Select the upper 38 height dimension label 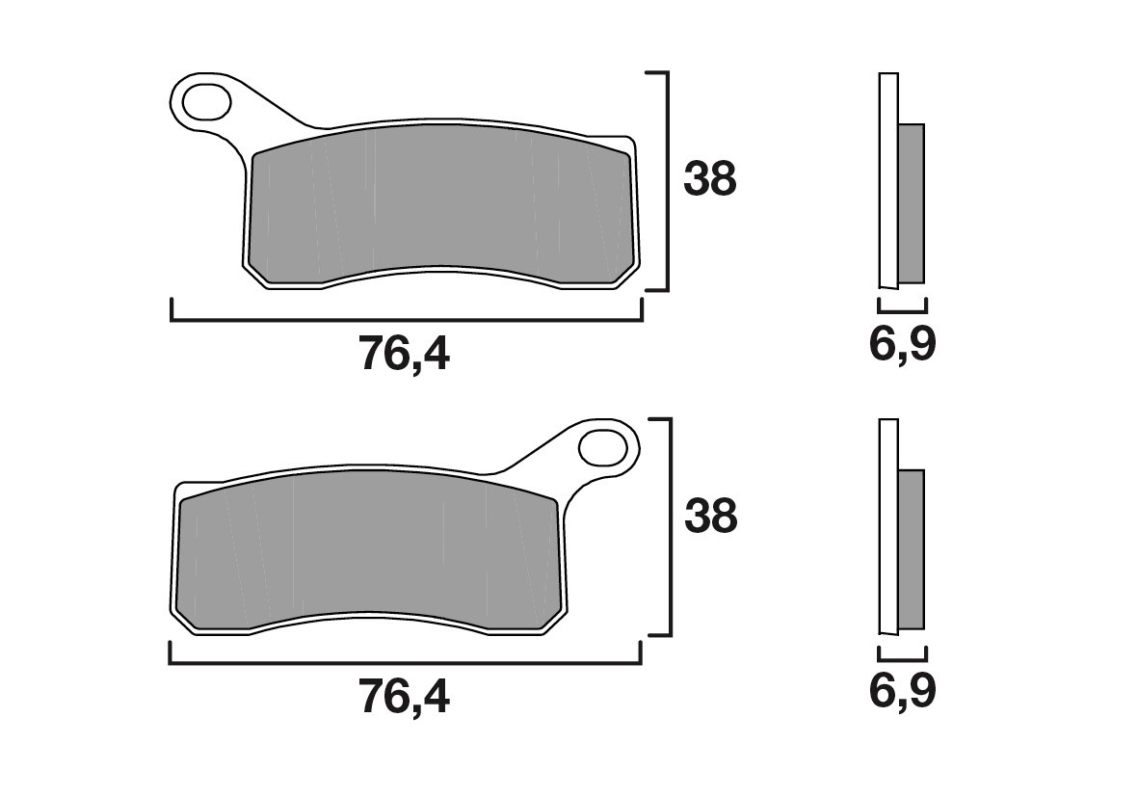710,179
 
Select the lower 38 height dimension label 710,518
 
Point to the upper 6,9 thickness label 903,344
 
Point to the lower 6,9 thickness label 903,691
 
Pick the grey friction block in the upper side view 911,202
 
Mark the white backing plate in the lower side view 888,526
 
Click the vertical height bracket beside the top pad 666,180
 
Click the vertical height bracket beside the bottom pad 668,527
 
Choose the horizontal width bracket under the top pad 405,319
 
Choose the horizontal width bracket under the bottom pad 405,663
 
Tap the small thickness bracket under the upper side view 902,310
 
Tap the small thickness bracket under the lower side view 902,656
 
